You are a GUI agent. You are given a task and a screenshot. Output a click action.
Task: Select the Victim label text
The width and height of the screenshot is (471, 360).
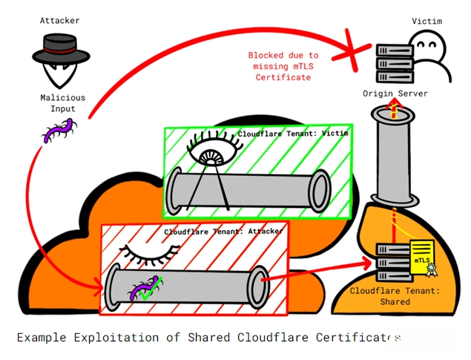426,21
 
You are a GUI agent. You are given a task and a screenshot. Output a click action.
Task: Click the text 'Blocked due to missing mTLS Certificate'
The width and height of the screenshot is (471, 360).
283,66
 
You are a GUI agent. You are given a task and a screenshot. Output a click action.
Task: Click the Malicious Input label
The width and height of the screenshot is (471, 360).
62,103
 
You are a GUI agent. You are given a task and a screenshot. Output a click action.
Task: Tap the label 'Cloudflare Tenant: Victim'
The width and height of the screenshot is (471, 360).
292,134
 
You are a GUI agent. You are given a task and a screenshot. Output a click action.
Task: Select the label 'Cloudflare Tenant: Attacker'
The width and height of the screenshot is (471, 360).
223,232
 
